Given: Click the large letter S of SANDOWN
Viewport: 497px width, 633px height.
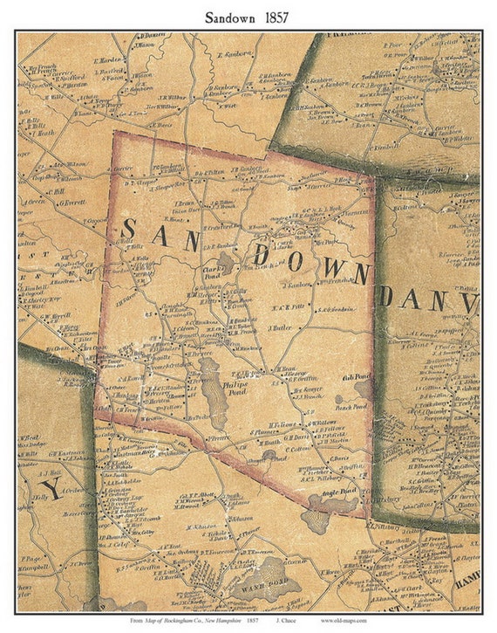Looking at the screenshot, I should click(127, 230).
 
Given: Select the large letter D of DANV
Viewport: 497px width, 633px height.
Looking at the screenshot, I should click(385, 296).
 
